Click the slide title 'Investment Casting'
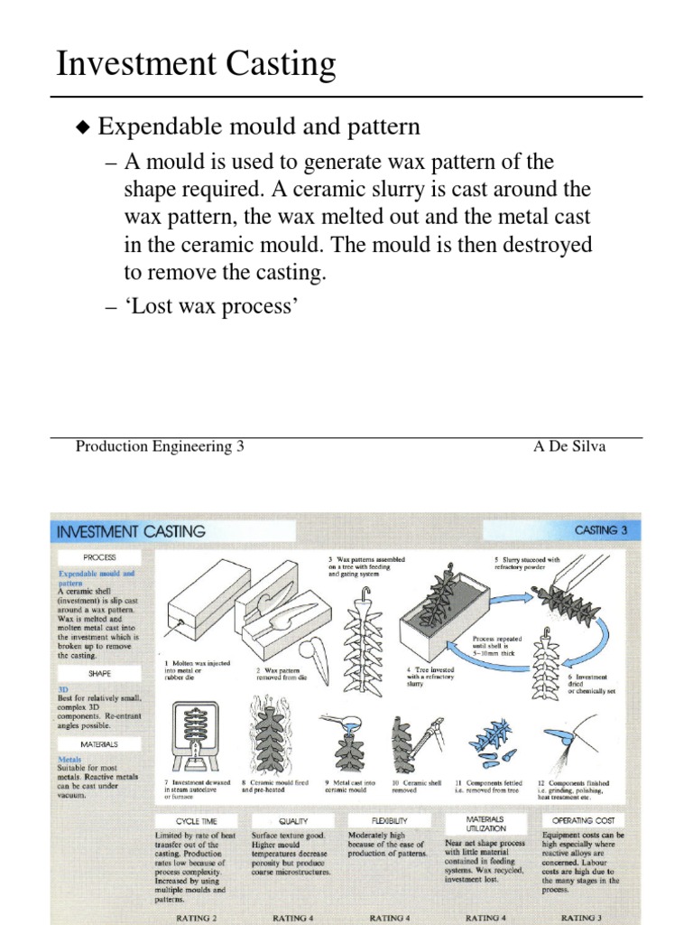(x=196, y=65)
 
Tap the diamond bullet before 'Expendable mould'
(x=83, y=128)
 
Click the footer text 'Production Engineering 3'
(x=160, y=446)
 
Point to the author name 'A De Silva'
(x=570, y=446)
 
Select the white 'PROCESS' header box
(x=99, y=557)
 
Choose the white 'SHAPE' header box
(x=99, y=673)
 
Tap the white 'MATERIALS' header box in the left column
(x=99, y=744)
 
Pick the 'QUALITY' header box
(x=293, y=821)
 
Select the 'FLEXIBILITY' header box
(x=390, y=821)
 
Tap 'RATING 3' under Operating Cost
(x=583, y=917)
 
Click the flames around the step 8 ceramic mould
(x=272, y=736)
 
